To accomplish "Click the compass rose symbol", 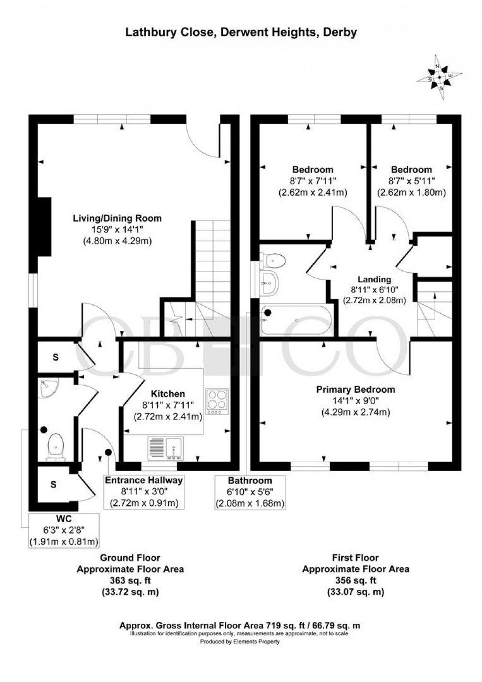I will pos(439,78).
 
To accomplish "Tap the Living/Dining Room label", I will pos(117,218).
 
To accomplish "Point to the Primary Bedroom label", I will pos(355,389).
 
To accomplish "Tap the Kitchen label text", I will pos(168,394).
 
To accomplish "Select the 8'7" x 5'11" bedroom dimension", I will pos(411,181).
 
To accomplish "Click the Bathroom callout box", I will pos(250,492).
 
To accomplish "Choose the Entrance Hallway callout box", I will pos(144,492).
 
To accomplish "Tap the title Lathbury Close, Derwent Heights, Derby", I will pos(241,32).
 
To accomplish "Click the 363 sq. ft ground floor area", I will pos(130,580).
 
